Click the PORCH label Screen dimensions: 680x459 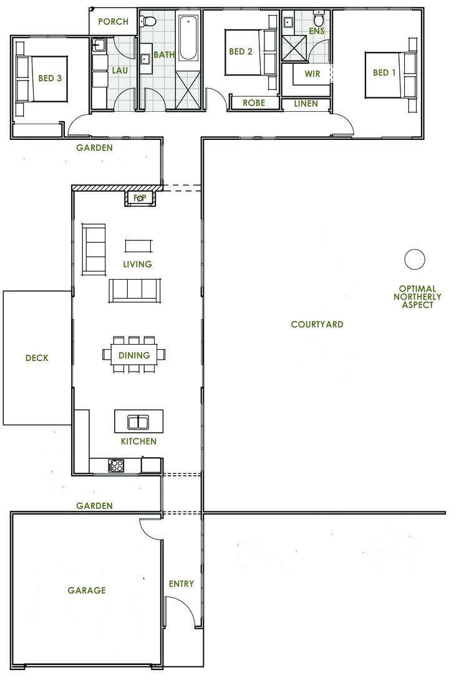tap(113, 22)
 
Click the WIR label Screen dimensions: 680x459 tap(313, 74)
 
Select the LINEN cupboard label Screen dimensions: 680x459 tap(306, 104)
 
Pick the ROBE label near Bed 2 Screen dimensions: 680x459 tap(254, 103)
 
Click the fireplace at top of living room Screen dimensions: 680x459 tap(140, 199)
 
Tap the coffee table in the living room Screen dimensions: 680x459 tap(138, 245)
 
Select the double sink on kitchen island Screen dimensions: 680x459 tap(138, 423)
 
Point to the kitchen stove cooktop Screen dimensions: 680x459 tap(116, 465)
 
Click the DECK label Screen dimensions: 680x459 tap(37, 358)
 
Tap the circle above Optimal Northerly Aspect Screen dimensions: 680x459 tap(414, 259)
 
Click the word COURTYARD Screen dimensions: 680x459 tap(317, 325)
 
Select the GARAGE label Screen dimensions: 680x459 tap(87, 590)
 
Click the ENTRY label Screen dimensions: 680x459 tap(181, 584)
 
